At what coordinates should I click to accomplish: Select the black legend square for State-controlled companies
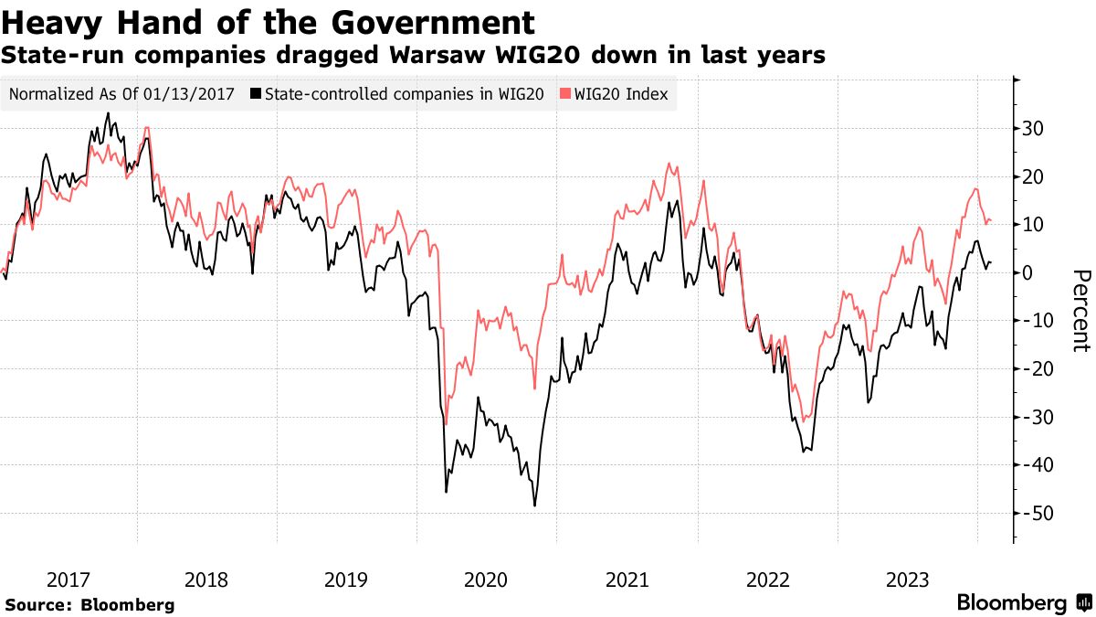257,94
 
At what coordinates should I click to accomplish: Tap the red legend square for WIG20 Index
564,94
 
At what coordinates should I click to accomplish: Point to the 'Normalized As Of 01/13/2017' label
121,94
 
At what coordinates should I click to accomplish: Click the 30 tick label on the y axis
1034,129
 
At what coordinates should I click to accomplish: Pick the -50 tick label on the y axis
1032,514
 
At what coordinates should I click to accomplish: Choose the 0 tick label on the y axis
1028,273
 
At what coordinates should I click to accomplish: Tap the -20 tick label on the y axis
1032,369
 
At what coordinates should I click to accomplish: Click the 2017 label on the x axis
68,580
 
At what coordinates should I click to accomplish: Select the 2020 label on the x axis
486,580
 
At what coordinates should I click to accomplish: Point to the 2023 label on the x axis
908,580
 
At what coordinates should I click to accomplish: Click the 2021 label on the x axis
627,580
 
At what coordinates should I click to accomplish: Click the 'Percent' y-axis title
1080,311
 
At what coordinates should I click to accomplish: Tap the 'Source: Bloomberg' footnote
90,605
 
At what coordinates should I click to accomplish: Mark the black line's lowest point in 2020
534,505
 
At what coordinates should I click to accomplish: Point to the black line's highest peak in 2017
108,113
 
